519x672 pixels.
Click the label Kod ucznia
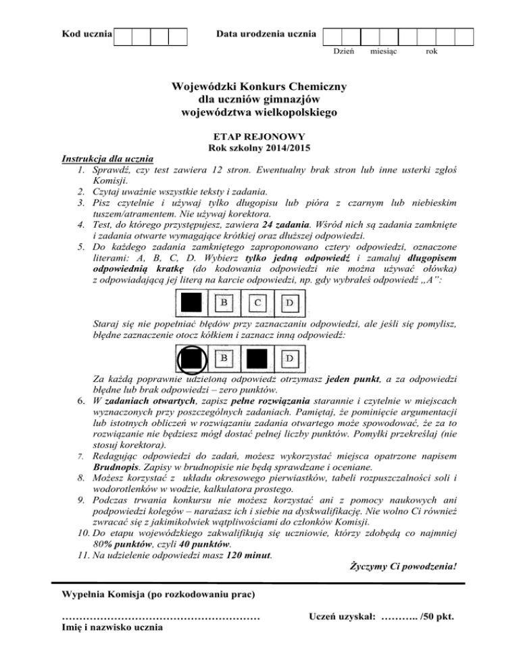click(86, 32)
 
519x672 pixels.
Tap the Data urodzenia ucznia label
click(266, 32)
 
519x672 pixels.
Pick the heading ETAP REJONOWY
click(259, 135)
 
